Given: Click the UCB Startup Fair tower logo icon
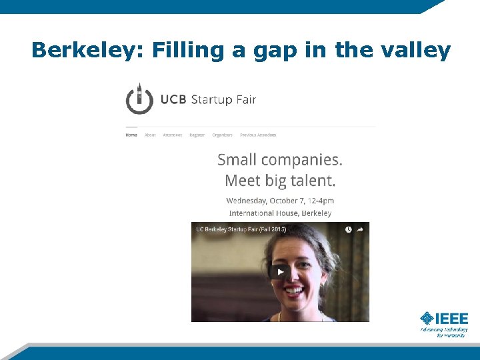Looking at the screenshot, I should pos(140,99).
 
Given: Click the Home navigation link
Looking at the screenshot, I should pos(131,135).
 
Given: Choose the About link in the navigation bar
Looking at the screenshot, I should pos(150,135).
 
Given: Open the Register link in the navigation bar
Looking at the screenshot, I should pos(197,135).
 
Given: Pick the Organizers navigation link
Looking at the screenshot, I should pos(222,135).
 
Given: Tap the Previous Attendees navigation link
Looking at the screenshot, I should pos(258,135).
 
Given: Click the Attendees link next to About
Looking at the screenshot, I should pos(173,135).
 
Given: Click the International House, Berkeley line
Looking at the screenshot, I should pos(280,213).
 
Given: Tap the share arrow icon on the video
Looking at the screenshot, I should pos(361,229).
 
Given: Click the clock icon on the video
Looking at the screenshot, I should pos(348,229).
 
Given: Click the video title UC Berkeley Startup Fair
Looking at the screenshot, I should pos(240,229).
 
